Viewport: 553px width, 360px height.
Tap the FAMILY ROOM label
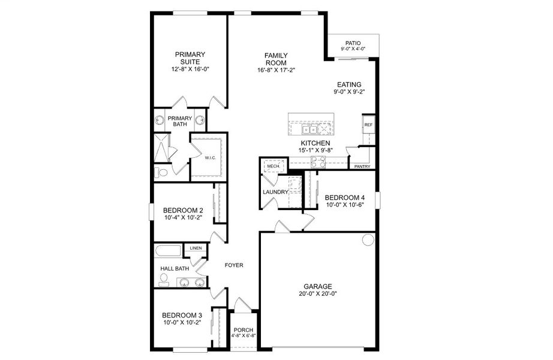[276, 59]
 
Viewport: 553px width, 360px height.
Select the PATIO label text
[353, 43]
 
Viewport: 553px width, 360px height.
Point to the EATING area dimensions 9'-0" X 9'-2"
[349, 92]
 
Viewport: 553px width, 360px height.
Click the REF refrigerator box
[368, 125]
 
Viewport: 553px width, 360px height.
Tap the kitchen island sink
[310, 128]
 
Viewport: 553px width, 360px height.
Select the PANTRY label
[362, 167]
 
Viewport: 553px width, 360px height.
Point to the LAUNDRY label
[275, 192]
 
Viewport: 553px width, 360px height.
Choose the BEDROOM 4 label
[344, 197]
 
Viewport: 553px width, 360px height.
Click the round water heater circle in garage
[368, 240]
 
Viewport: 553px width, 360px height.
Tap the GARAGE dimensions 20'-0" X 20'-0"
[317, 294]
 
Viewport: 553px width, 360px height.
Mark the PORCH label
[244, 330]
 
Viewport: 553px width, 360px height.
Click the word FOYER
[233, 265]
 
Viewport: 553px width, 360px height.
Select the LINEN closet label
[196, 248]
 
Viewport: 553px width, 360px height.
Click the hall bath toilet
[164, 278]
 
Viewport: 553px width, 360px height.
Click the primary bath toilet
[160, 173]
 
